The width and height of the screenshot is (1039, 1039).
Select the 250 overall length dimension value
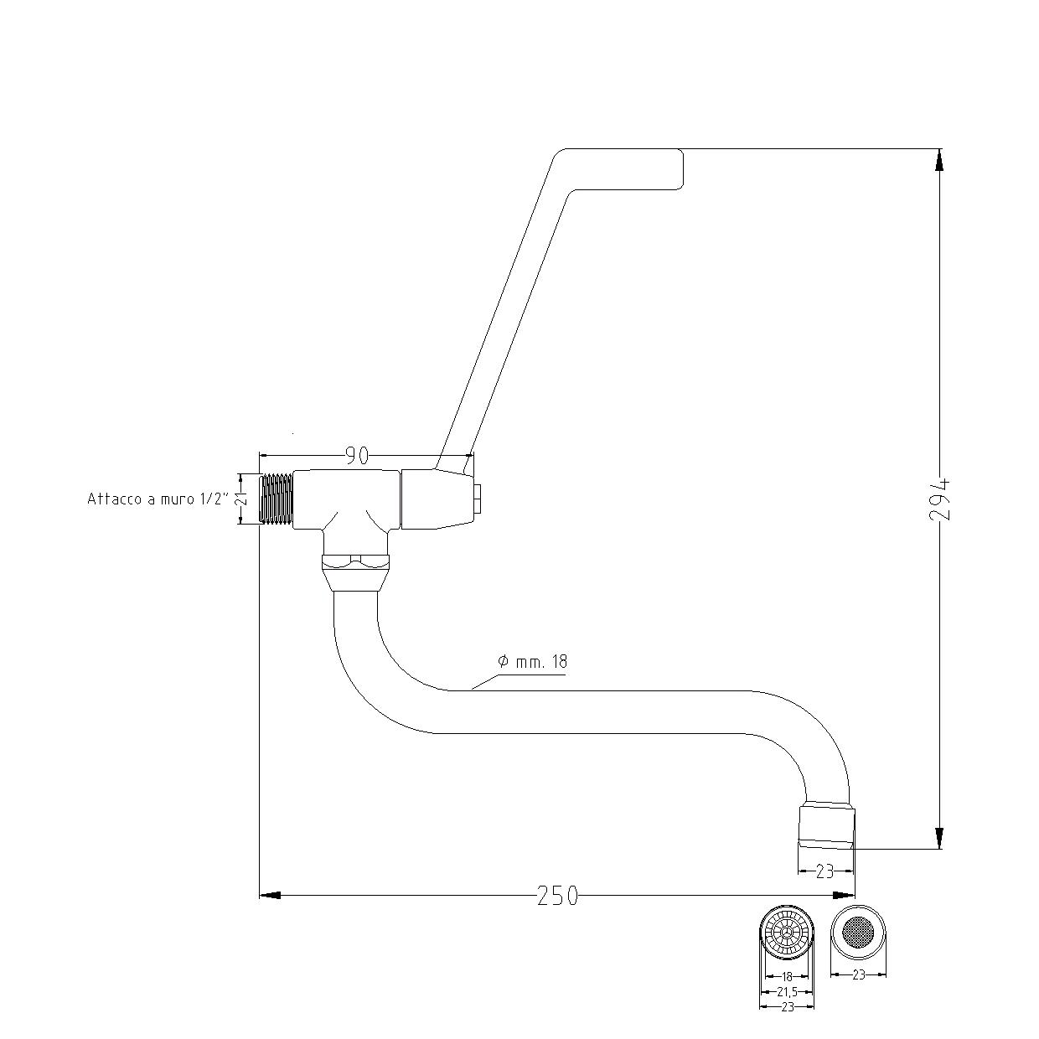coord(557,896)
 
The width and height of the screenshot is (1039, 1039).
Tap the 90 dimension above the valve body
coord(357,456)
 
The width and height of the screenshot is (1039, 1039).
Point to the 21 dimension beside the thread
coord(241,499)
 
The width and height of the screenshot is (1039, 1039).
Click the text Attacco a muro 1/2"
coord(158,499)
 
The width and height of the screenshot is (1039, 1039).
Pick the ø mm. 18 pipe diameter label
coord(532,662)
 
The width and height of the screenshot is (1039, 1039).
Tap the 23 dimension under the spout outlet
coord(824,871)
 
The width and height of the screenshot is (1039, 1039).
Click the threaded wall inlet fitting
coord(277,499)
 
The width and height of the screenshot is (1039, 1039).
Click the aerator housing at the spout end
coord(827,826)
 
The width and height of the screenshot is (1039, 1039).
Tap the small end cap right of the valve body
coord(478,499)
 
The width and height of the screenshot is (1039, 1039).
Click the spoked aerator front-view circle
coord(787,933)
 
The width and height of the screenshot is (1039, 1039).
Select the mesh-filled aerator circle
coord(857,932)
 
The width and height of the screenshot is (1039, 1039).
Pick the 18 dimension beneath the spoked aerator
coord(787,976)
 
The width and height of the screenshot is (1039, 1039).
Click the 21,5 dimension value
coord(787,991)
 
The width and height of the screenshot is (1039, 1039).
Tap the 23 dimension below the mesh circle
coord(858,974)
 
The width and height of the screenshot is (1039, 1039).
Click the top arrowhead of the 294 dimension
coord(939,159)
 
